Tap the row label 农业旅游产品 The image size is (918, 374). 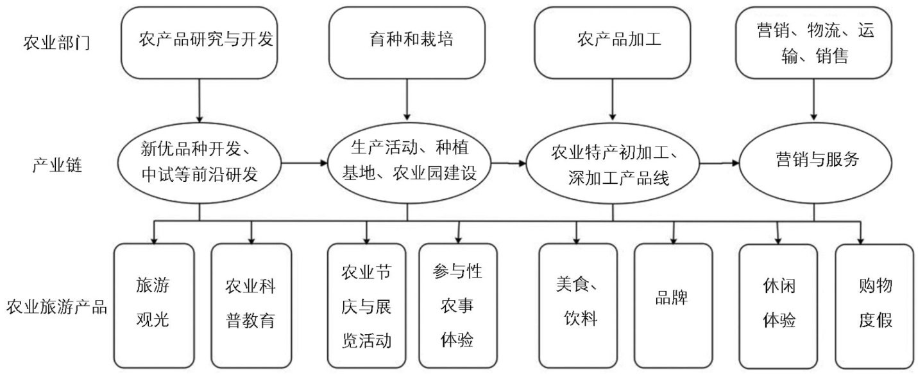click(x=56, y=306)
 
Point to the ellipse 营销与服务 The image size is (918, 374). click(x=815, y=161)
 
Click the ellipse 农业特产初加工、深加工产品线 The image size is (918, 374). click(x=613, y=165)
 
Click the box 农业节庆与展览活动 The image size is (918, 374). click(x=366, y=305)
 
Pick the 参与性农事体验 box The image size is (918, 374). click(x=458, y=305)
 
